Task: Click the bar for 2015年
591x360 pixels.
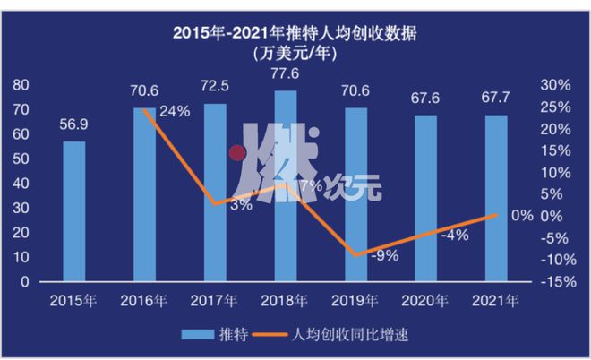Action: [74, 211]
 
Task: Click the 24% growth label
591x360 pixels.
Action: [175, 113]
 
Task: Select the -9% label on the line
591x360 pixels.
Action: [386, 255]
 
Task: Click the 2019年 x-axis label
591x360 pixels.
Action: [356, 298]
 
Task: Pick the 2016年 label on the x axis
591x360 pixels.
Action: [145, 298]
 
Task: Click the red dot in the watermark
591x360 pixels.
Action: [237, 153]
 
